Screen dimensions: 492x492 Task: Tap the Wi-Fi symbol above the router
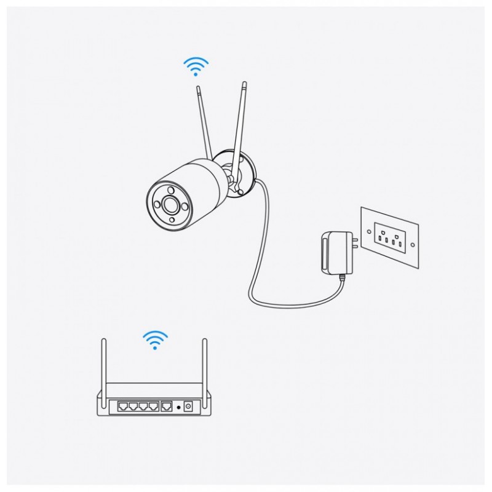(155, 339)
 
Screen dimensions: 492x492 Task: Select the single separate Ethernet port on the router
(167, 406)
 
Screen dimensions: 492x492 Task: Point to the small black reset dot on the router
(179, 407)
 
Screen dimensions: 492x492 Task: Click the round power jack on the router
(189, 407)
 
